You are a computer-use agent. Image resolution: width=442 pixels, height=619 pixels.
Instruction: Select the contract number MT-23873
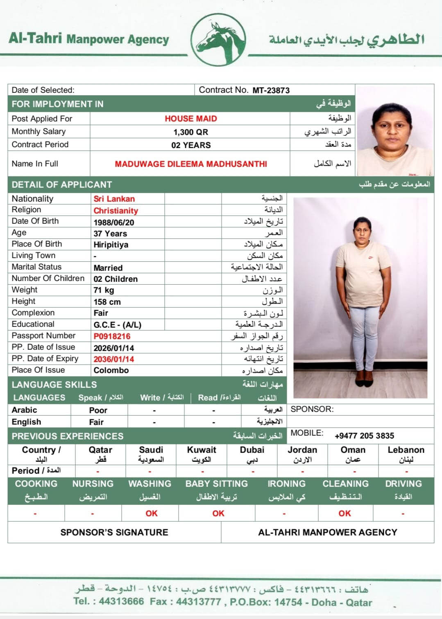click(x=271, y=90)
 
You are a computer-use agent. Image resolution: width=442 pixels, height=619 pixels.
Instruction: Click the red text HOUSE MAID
click(x=190, y=119)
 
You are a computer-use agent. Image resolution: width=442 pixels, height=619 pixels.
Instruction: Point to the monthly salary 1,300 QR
click(x=190, y=132)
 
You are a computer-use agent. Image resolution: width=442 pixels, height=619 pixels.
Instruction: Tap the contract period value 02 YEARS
click(x=191, y=145)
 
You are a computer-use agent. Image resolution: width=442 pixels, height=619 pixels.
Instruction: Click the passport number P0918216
click(x=112, y=336)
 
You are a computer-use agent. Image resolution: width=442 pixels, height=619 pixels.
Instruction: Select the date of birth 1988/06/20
click(x=113, y=223)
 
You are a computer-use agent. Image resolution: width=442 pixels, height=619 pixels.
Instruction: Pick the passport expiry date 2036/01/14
click(x=113, y=359)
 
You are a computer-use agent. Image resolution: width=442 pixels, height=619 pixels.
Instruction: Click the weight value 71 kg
click(x=104, y=290)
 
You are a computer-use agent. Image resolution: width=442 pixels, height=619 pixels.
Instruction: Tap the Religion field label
click(x=26, y=210)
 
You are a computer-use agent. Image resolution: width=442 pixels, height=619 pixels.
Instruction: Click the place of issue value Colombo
click(x=111, y=370)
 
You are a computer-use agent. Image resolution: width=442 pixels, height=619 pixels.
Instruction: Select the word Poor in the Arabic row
click(x=98, y=410)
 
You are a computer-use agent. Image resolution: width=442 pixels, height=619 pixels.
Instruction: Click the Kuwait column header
click(x=202, y=450)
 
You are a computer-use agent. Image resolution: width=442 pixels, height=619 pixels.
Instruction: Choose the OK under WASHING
click(x=151, y=513)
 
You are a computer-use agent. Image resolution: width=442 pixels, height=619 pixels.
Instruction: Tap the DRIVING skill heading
click(x=403, y=484)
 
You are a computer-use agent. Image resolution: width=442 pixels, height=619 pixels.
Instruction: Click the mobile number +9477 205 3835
click(x=364, y=436)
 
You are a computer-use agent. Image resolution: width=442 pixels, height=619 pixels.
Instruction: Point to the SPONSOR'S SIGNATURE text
click(x=114, y=532)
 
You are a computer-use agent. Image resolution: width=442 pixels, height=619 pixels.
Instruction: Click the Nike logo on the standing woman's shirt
click(x=370, y=258)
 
